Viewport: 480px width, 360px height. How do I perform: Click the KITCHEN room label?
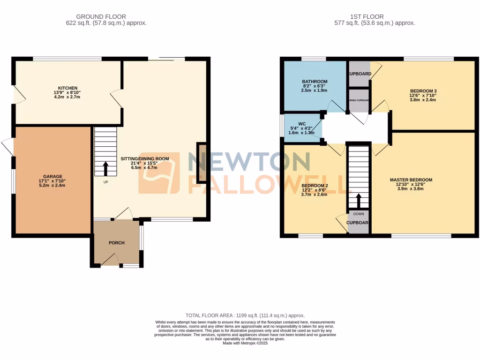(x=64, y=88)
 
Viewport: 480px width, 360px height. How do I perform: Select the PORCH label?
(x=116, y=243)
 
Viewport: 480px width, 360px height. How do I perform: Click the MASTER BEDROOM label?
(x=411, y=180)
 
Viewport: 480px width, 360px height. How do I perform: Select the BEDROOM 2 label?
(x=314, y=186)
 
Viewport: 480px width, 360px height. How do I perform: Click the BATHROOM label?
(x=315, y=81)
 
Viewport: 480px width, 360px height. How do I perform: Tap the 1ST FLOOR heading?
(x=375, y=16)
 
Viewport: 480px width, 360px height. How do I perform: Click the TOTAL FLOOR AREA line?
(x=245, y=315)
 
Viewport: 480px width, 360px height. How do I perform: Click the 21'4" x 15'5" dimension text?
(x=145, y=163)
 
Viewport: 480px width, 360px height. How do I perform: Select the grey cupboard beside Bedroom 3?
(x=359, y=74)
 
